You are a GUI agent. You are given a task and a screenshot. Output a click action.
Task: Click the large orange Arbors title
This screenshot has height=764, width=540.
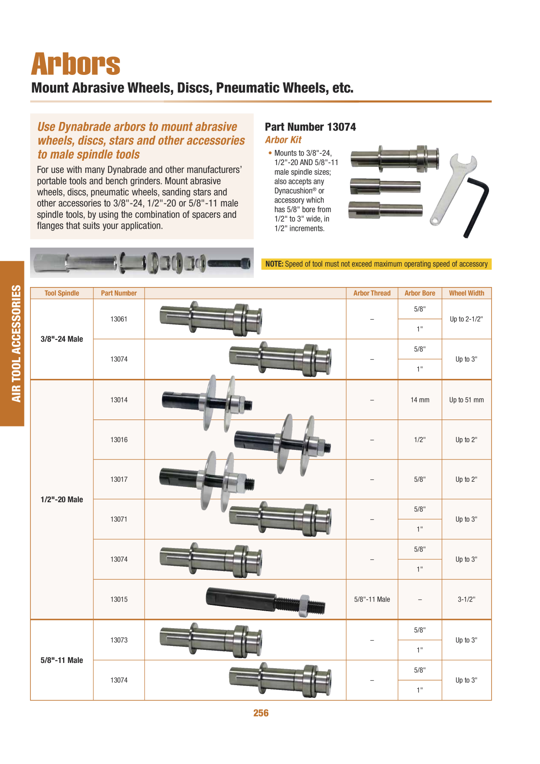click(x=75, y=64)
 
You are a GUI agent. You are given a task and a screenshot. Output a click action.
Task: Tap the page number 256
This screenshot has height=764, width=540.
click(x=261, y=713)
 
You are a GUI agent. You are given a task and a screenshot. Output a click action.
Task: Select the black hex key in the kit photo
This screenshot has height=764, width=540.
click(x=476, y=207)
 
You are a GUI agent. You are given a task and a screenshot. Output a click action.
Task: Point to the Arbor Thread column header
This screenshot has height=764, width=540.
click(x=372, y=293)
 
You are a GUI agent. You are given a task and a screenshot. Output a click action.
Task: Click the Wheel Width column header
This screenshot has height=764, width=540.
click(x=466, y=293)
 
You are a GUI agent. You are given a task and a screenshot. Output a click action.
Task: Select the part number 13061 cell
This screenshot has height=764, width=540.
click(x=119, y=319)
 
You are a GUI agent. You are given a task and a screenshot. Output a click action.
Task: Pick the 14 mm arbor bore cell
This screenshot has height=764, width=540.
click(x=420, y=400)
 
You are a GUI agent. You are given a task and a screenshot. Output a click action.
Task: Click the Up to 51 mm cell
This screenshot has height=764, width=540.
click(x=466, y=400)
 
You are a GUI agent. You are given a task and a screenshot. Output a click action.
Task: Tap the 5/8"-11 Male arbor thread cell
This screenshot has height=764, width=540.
click(x=372, y=599)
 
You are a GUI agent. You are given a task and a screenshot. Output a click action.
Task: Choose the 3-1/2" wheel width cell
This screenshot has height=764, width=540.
click(x=466, y=599)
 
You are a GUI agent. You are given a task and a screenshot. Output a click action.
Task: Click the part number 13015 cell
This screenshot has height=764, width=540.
click(x=119, y=599)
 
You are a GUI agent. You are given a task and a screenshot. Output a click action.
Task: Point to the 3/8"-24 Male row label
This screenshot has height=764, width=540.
click(x=62, y=339)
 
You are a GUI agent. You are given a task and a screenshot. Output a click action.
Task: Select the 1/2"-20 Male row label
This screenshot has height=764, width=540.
click(x=62, y=499)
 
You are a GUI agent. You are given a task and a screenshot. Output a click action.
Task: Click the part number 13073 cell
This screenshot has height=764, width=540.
click(x=119, y=640)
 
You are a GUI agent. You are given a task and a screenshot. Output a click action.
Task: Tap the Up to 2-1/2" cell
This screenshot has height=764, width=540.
click(x=466, y=319)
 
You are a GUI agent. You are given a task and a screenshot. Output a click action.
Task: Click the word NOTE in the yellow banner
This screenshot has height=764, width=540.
click(x=274, y=264)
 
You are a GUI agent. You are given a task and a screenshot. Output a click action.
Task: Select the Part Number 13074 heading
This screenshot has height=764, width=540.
click(x=310, y=127)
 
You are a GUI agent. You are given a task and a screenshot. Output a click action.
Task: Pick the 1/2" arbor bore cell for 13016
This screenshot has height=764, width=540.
click(x=420, y=439)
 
